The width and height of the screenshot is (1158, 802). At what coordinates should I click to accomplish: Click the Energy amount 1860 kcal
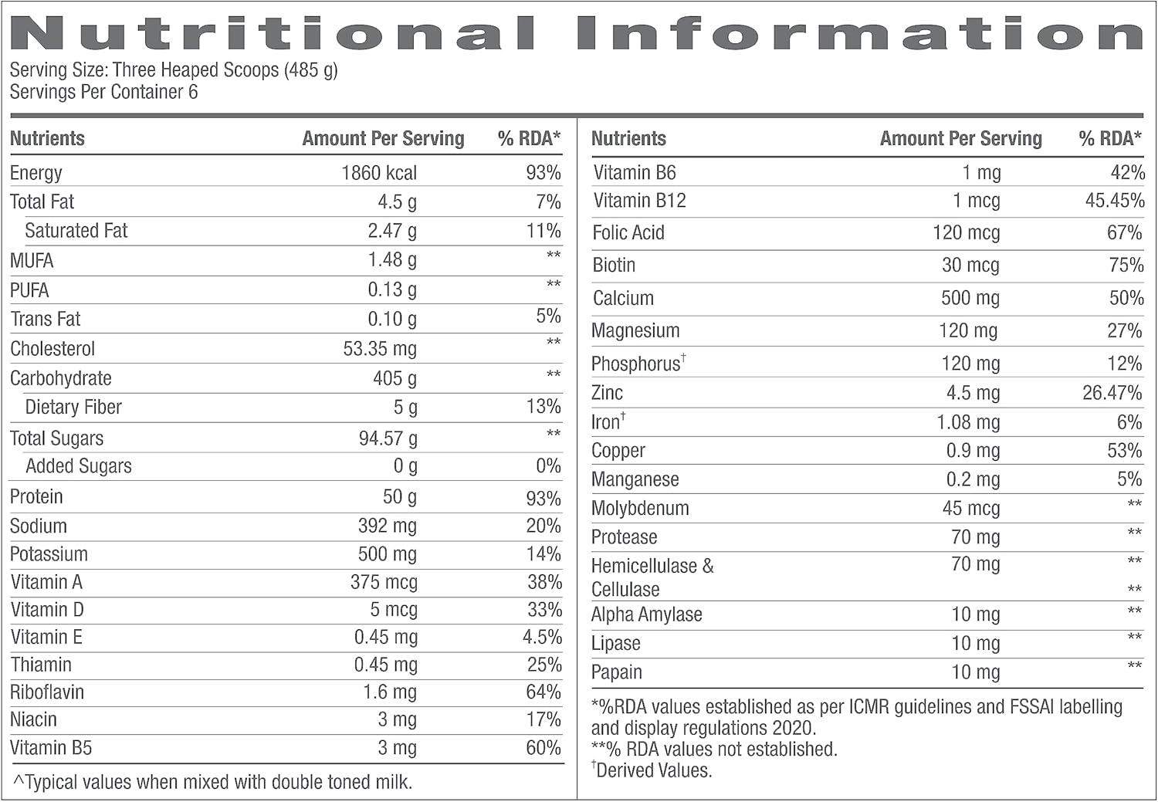coord(379,173)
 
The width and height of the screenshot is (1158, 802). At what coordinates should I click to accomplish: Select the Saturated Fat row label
coord(76,231)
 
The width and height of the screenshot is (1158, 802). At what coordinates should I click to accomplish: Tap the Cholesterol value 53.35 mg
coord(380,349)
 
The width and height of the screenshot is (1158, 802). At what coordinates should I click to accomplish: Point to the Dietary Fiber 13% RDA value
coord(543,407)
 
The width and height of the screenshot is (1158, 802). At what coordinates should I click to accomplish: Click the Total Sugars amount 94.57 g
coord(388,438)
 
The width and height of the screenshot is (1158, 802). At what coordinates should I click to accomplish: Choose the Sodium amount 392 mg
coord(388,526)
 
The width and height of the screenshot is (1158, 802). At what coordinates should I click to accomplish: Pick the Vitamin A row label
coord(46,582)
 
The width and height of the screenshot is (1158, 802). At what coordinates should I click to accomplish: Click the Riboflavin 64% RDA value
coord(543,692)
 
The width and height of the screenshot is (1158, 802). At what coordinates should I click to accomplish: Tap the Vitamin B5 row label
coord(51,748)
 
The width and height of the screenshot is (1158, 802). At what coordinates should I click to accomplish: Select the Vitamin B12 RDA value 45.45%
coord(1115,201)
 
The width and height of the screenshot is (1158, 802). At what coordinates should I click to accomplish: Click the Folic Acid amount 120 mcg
coord(967,233)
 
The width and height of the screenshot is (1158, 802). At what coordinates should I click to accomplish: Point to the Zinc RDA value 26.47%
coord(1112,393)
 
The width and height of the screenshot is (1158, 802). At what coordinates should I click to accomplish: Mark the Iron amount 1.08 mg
coord(968,423)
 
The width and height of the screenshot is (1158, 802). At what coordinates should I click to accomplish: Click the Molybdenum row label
coord(640,509)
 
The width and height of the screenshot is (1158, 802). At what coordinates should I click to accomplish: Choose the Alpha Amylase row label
coord(647,615)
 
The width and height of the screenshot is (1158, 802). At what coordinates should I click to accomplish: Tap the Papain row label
coord(617,672)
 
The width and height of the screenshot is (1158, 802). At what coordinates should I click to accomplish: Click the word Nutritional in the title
coord(273,34)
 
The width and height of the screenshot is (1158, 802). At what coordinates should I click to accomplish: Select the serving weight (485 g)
coord(310,69)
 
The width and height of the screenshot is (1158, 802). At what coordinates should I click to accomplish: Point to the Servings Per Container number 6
coord(193,92)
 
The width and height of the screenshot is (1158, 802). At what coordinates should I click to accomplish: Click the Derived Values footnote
coord(652,770)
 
